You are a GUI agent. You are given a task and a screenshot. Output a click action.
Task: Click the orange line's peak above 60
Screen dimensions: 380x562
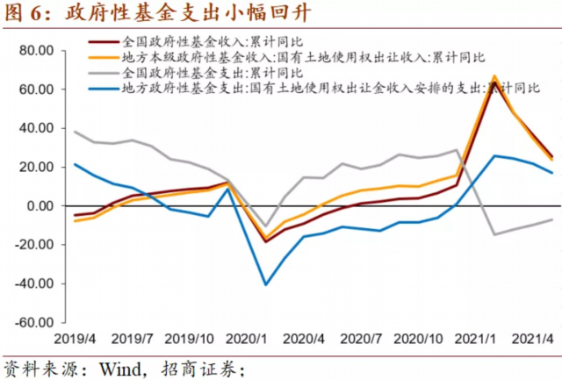(494, 77)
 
